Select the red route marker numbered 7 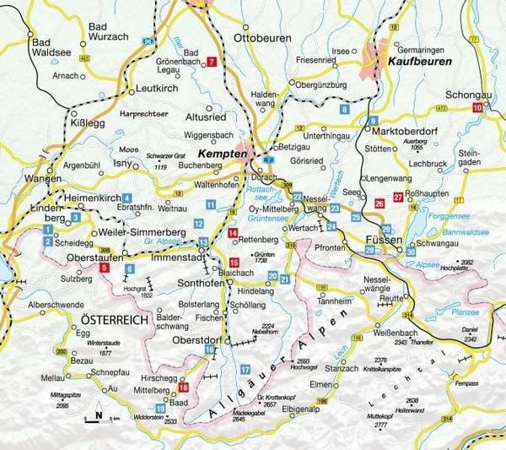pyautogui.click(x=212, y=62)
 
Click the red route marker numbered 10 pyautogui.click(x=478, y=107)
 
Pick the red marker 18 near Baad pyautogui.click(x=184, y=387)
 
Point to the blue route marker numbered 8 pyautogui.click(x=343, y=110)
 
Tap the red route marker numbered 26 pyautogui.click(x=379, y=203)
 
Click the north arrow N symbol pyautogui.click(x=99, y=414)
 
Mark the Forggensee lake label pyautogui.click(x=460, y=214)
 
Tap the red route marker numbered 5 pyautogui.click(x=104, y=268)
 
